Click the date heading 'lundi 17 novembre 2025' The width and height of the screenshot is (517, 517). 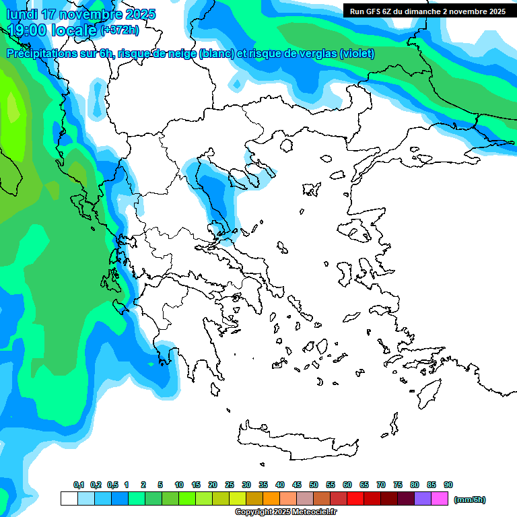tap(81, 14)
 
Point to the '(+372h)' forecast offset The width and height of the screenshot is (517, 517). tap(120, 30)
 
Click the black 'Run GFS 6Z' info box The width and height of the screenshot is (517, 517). tap(427, 11)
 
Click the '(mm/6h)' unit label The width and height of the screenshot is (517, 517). tap(470, 499)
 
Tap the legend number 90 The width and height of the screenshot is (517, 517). tap(448, 485)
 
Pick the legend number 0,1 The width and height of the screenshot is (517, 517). tap(79, 485)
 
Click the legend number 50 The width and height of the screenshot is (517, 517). tap(314, 485)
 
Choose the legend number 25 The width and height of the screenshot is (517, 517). tap(230, 485)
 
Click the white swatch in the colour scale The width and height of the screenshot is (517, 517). tap(69, 499)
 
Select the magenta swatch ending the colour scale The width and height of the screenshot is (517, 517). tap(440, 499)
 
